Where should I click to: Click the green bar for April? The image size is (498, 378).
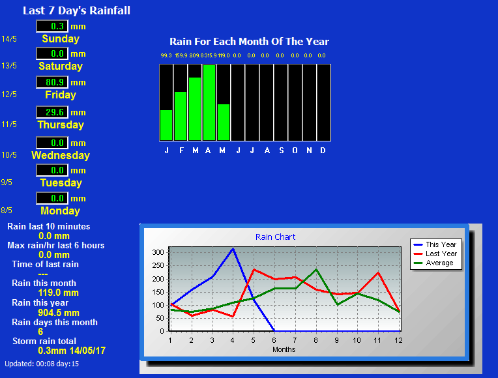tap(209, 102)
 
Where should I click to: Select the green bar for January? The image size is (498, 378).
tap(166, 125)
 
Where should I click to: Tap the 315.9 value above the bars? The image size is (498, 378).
tap(211, 55)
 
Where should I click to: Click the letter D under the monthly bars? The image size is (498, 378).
tap(323, 151)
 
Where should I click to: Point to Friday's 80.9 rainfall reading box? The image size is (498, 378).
tap(52, 82)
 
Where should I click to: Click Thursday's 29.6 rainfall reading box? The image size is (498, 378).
tap(52, 112)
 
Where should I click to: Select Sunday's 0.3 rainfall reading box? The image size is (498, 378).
tap(52, 26)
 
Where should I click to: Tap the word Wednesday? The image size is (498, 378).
tap(61, 155)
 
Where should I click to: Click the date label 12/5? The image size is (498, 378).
tap(9, 94)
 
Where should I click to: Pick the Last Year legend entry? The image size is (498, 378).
tap(435, 254)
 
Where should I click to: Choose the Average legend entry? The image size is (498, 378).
tap(433, 263)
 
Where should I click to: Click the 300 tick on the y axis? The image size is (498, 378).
tap(158, 252)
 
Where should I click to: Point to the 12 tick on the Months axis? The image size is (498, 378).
tap(398, 340)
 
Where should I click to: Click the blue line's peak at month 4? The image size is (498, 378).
tap(233, 249)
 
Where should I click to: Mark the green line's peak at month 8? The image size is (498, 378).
tap(316, 270)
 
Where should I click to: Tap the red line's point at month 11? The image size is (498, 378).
tap(378, 272)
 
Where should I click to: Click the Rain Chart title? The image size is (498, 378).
tap(275, 237)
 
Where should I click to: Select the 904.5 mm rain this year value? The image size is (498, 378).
tap(59, 313)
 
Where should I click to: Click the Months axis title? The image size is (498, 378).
tap(284, 349)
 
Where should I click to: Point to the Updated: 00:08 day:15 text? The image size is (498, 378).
tap(42, 364)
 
